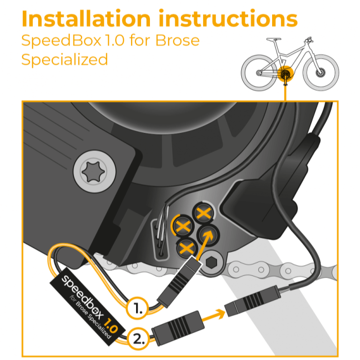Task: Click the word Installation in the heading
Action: coord(86,18)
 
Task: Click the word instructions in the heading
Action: coord(228,18)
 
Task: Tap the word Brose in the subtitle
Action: coord(177,40)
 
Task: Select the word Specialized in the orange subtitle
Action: coord(65,60)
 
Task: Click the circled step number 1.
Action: coord(138,308)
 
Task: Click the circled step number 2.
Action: coord(139,339)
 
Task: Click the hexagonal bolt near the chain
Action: coord(212,262)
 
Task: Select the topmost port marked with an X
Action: coord(204,213)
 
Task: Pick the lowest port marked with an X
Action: coord(186,248)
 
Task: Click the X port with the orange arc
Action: coord(183,226)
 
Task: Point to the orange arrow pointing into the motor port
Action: coord(205,246)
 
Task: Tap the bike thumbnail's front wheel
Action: coord(321,72)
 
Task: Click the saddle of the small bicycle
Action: coord(274,39)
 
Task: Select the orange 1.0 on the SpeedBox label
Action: coord(111,326)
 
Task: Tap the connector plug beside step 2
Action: coord(178,328)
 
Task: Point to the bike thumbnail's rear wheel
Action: coord(259,72)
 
